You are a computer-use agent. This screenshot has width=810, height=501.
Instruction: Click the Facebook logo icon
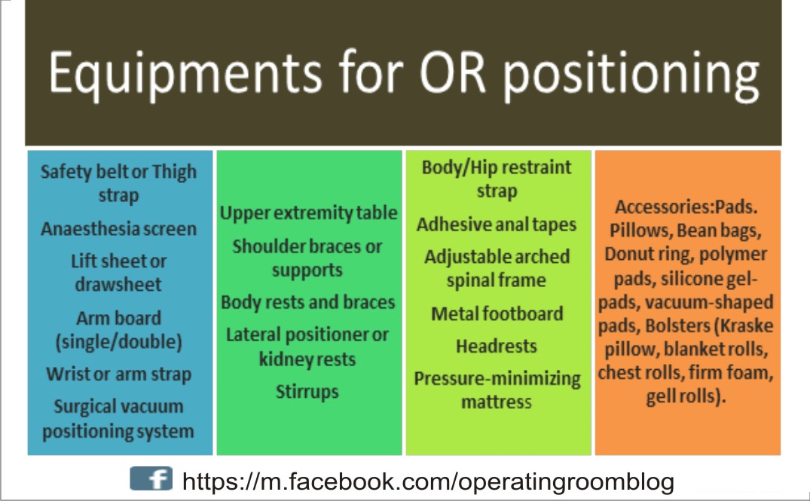(151, 480)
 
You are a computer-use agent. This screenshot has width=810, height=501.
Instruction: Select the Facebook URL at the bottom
(428, 481)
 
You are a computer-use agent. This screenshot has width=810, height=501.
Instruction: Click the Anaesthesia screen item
(118, 228)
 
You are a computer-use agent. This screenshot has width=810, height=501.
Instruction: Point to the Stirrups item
(307, 391)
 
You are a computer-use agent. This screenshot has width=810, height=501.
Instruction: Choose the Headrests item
(497, 346)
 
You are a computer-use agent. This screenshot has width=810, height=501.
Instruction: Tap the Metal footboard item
(497, 313)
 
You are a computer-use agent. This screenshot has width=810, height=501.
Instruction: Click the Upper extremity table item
(308, 212)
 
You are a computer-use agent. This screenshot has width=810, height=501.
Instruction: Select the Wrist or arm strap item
(118, 374)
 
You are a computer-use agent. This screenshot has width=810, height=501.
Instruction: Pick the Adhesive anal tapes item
(497, 224)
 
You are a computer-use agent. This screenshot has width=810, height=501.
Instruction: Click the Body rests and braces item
(308, 302)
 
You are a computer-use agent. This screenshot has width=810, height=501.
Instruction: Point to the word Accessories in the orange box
(663, 207)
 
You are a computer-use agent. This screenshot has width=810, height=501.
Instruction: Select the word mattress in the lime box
(497, 402)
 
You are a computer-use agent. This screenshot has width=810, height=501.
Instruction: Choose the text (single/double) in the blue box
(118, 341)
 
